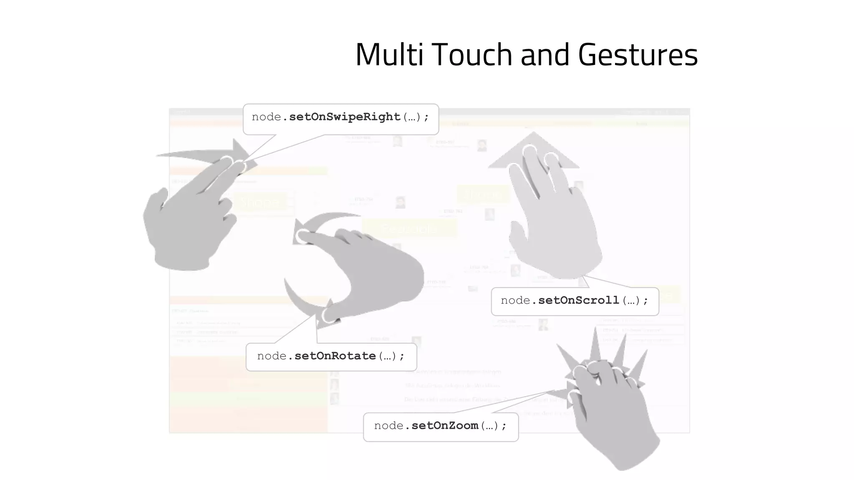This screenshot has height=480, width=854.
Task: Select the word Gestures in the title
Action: point(638,55)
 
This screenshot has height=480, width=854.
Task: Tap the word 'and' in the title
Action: point(545,55)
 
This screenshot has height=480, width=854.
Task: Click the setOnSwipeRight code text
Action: point(344,117)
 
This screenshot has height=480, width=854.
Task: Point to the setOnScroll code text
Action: point(578,300)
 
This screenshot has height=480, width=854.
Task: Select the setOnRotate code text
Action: point(335,356)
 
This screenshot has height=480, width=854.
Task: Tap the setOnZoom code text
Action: point(445,426)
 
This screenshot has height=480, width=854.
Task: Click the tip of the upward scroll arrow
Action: point(533,135)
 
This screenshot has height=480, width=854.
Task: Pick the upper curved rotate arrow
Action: point(329,219)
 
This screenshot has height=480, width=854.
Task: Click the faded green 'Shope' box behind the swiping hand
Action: point(261,203)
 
